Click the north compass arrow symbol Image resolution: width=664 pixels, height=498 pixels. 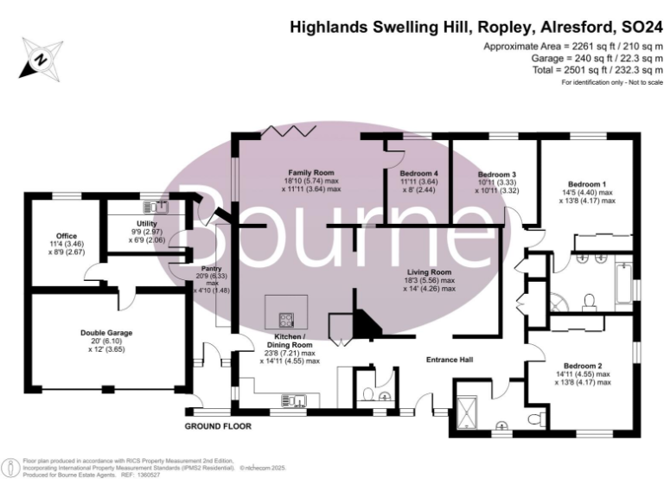[39, 60]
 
